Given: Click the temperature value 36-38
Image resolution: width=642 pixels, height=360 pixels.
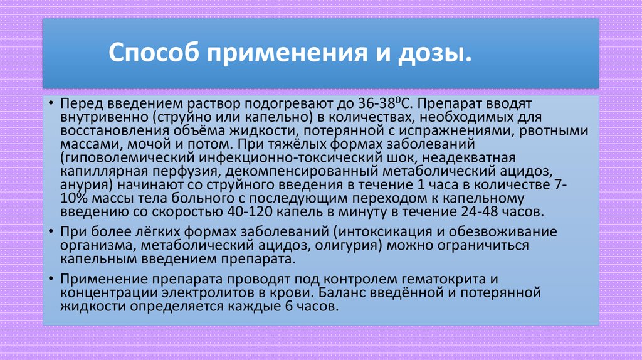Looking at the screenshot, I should tap(374, 103).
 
